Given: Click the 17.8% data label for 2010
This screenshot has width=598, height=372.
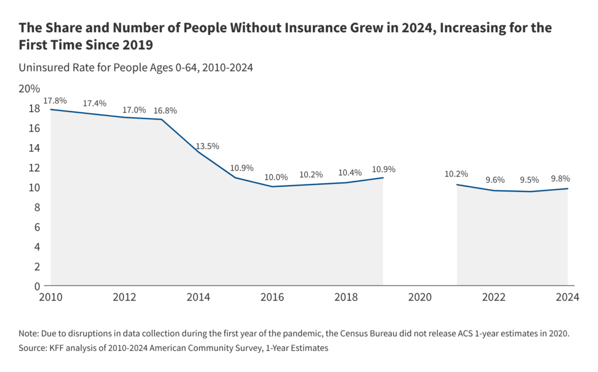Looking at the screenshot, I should (55, 100).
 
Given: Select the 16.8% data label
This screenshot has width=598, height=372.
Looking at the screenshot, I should (165, 110).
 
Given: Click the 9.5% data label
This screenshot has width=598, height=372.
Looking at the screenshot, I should (530, 180).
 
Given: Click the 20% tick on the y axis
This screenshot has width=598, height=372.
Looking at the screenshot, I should (29, 89).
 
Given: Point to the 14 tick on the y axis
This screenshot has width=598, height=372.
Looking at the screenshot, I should (34, 148).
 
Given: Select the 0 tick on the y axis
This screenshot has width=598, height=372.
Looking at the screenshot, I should (37, 286).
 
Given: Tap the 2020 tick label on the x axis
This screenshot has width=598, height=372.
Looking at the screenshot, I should (420, 297).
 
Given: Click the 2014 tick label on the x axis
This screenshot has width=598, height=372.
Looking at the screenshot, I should (199, 297).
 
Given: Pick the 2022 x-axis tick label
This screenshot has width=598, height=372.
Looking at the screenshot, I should (493, 297).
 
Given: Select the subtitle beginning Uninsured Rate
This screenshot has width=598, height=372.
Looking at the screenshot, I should (135, 67).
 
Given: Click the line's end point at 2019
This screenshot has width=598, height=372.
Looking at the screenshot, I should (383, 178).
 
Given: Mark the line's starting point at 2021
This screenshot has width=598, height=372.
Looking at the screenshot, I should (457, 185).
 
